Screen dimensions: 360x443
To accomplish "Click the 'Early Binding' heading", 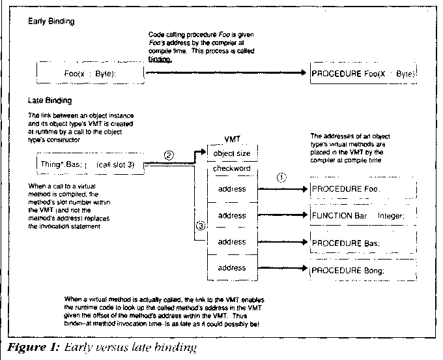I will (51, 22).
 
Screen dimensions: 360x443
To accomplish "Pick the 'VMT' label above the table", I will (231, 140).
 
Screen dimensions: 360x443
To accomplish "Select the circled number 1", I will (281, 177).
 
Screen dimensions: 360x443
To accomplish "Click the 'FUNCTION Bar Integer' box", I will (362, 215).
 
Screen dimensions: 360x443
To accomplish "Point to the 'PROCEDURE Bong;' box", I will (362, 268).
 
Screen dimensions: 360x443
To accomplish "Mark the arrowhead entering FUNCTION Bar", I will (304, 215).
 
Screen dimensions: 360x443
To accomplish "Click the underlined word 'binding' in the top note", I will (160, 59).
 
